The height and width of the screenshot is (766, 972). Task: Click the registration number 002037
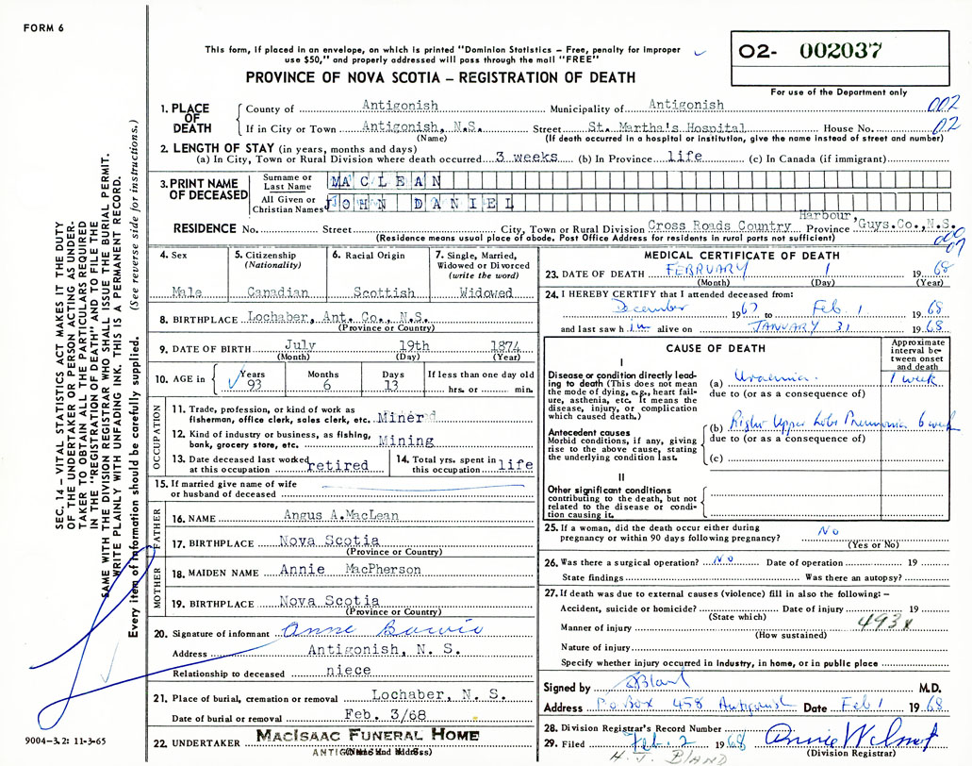(x=842, y=52)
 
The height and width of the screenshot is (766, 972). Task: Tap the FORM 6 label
(x=43, y=28)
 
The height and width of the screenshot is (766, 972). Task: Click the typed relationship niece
(x=348, y=673)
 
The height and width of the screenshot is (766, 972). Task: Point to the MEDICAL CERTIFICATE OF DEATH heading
(x=728, y=256)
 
